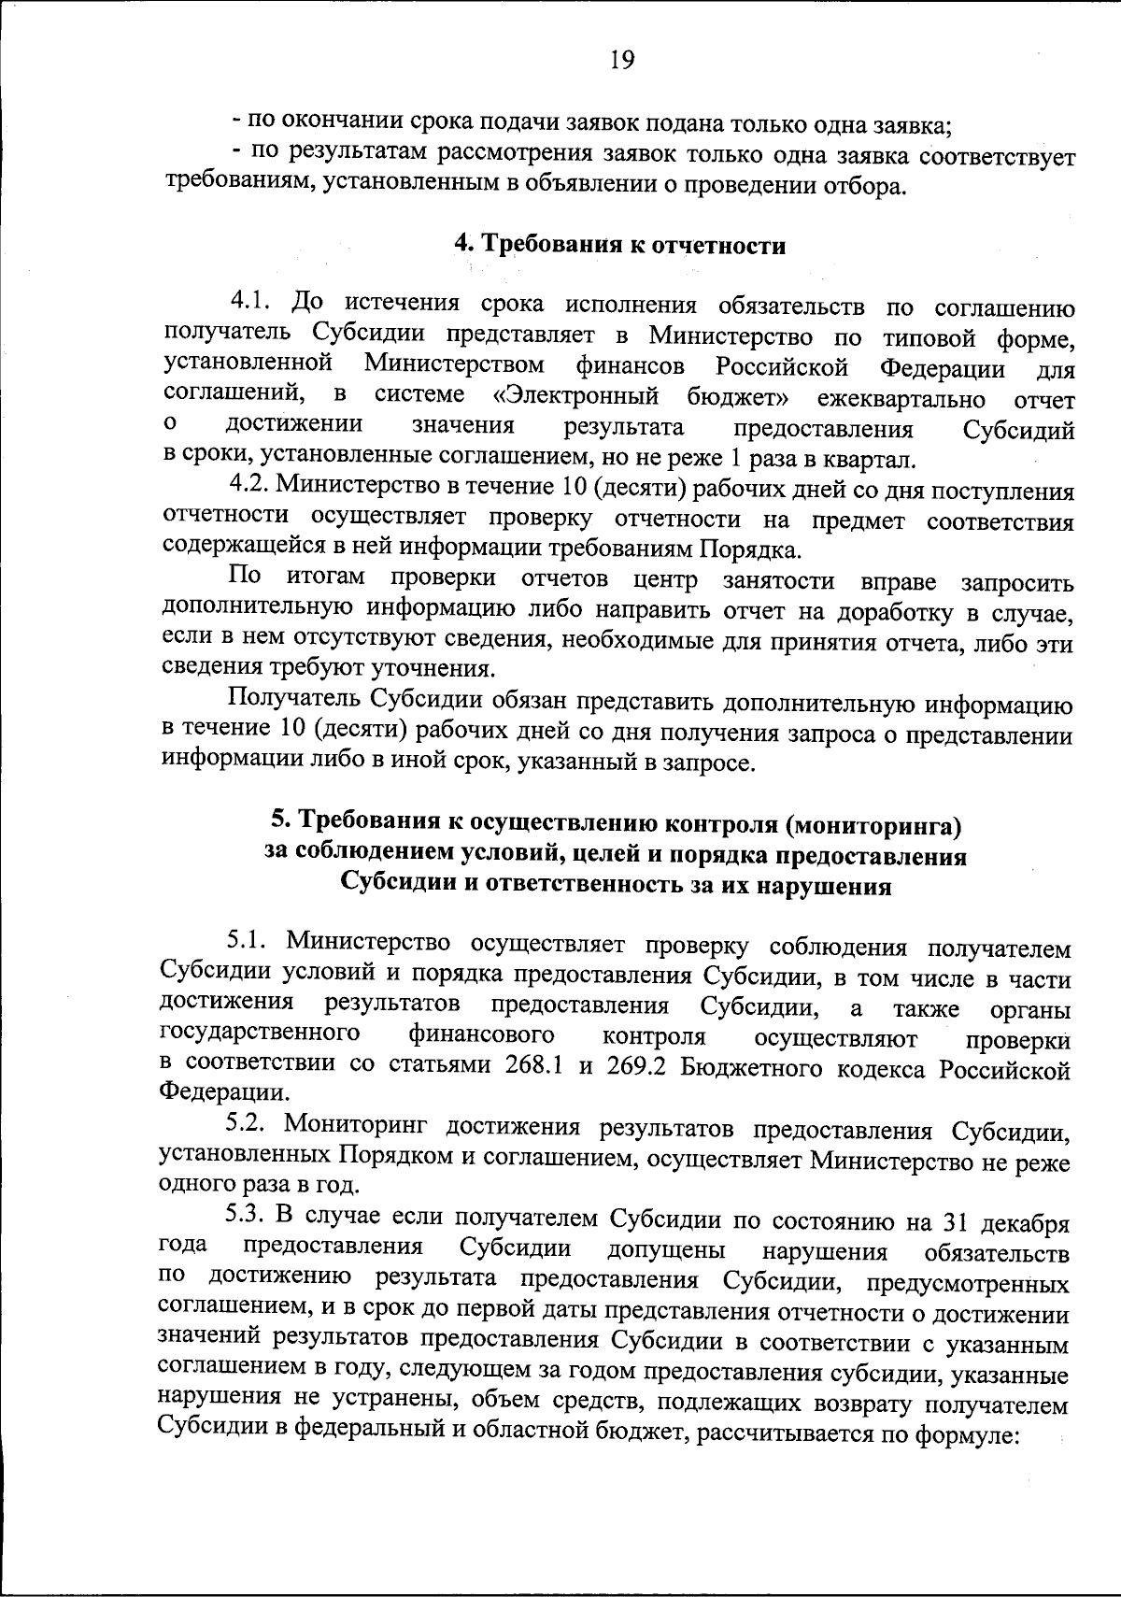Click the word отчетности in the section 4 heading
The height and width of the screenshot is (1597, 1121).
tap(730, 246)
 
